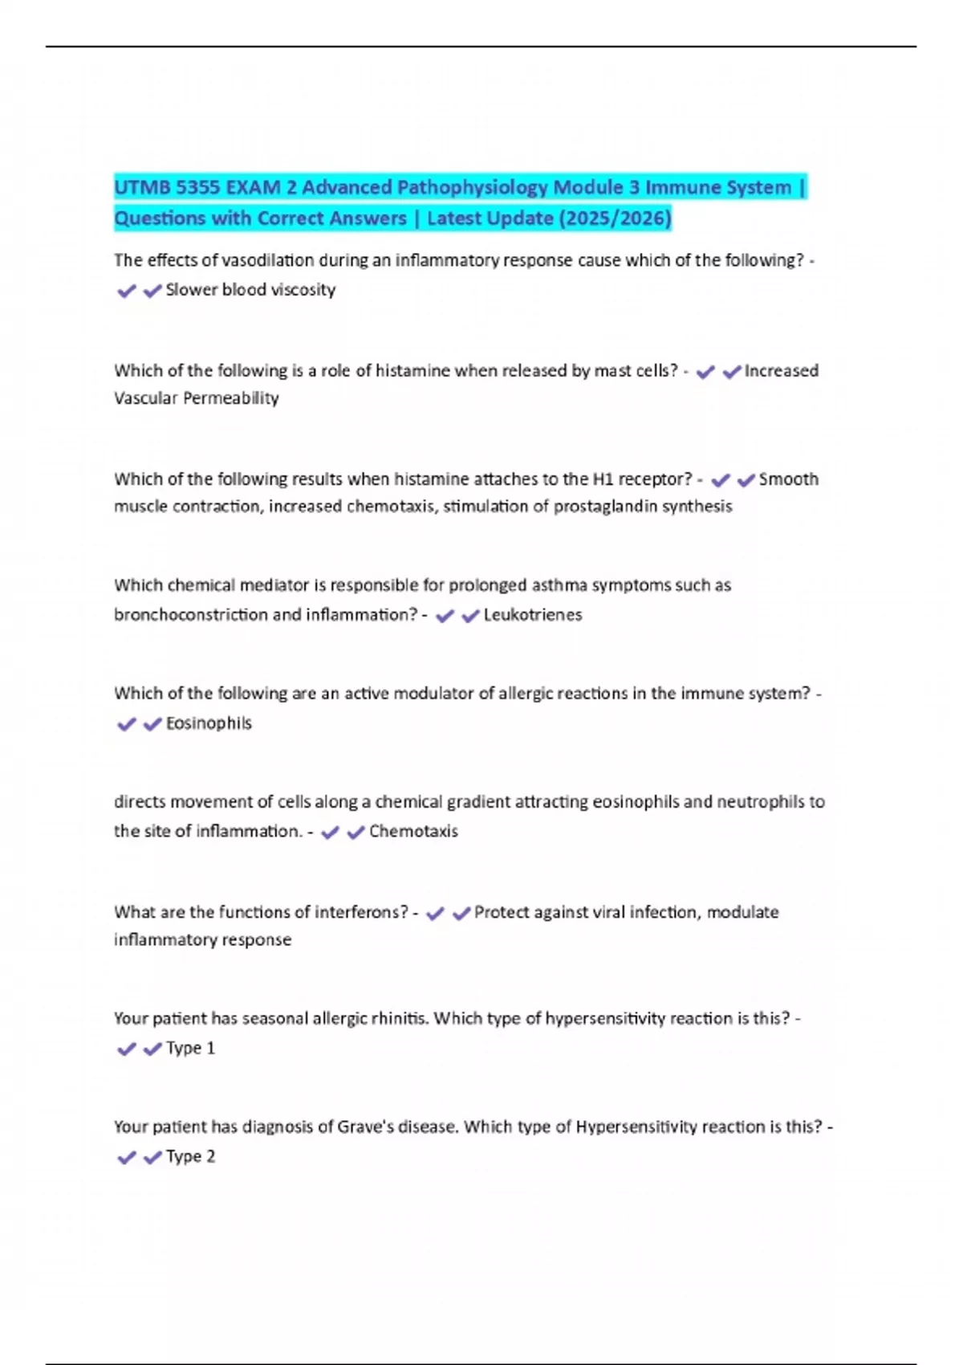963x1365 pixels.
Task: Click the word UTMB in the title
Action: click(141, 188)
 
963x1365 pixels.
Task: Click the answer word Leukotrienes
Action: click(533, 615)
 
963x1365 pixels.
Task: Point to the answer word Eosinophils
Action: click(209, 723)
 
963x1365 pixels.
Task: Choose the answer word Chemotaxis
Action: click(413, 832)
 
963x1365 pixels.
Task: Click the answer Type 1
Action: click(190, 1049)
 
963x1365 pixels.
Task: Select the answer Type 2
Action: click(190, 1157)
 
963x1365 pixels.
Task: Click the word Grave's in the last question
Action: click(364, 1127)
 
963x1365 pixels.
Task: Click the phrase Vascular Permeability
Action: click(197, 398)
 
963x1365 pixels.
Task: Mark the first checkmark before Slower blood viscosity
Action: click(126, 291)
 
